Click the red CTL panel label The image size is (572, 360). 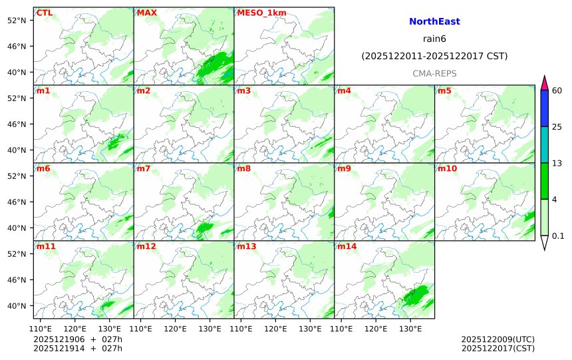[x=45, y=13]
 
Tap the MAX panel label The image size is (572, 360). [x=146, y=13]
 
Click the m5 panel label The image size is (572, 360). [x=444, y=90]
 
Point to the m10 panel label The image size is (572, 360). [x=447, y=168]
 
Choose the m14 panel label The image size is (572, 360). [x=347, y=246]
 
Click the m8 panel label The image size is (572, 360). [x=243, y=168]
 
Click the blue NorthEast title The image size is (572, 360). [x=434, y=22]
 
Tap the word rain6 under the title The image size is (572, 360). [x=434, y=39]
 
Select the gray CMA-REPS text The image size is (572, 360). [x=434, y=73]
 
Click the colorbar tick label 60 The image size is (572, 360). [x=558, y=90]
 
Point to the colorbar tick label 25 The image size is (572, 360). [x=558, y=127]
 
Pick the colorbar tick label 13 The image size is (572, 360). [x=558, y=163]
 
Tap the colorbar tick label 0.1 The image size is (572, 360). [x=559, y=236]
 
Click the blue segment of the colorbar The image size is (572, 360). [x=545, y=108]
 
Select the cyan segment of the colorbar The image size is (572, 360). [x=545, y=145]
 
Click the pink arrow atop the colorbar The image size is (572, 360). [x=545, y=83]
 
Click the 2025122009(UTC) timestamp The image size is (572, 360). [x=498, y=339]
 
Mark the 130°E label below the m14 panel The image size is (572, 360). [x=410, y=328]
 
